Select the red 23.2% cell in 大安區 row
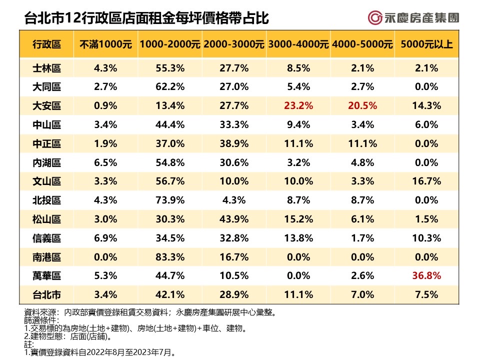coord(298,105)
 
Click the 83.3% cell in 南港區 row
coord(169,257)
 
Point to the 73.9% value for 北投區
coord(169,200)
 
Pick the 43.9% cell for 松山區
coord(233,219)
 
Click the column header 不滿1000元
coord(105,44)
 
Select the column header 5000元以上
coord(426,44)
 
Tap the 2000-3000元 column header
coord(233,44)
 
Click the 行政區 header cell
coord(46,44)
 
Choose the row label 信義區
coord(46,238)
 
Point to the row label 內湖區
coord(46,162)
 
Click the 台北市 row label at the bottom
coord(46,295)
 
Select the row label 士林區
coord(46,68)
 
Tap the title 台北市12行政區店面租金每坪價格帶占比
coord(146,19)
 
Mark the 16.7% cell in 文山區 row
coord(426,181)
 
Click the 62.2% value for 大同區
coord(169,86)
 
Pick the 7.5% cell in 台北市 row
coord(426,295)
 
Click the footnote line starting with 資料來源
coord(150,312)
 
